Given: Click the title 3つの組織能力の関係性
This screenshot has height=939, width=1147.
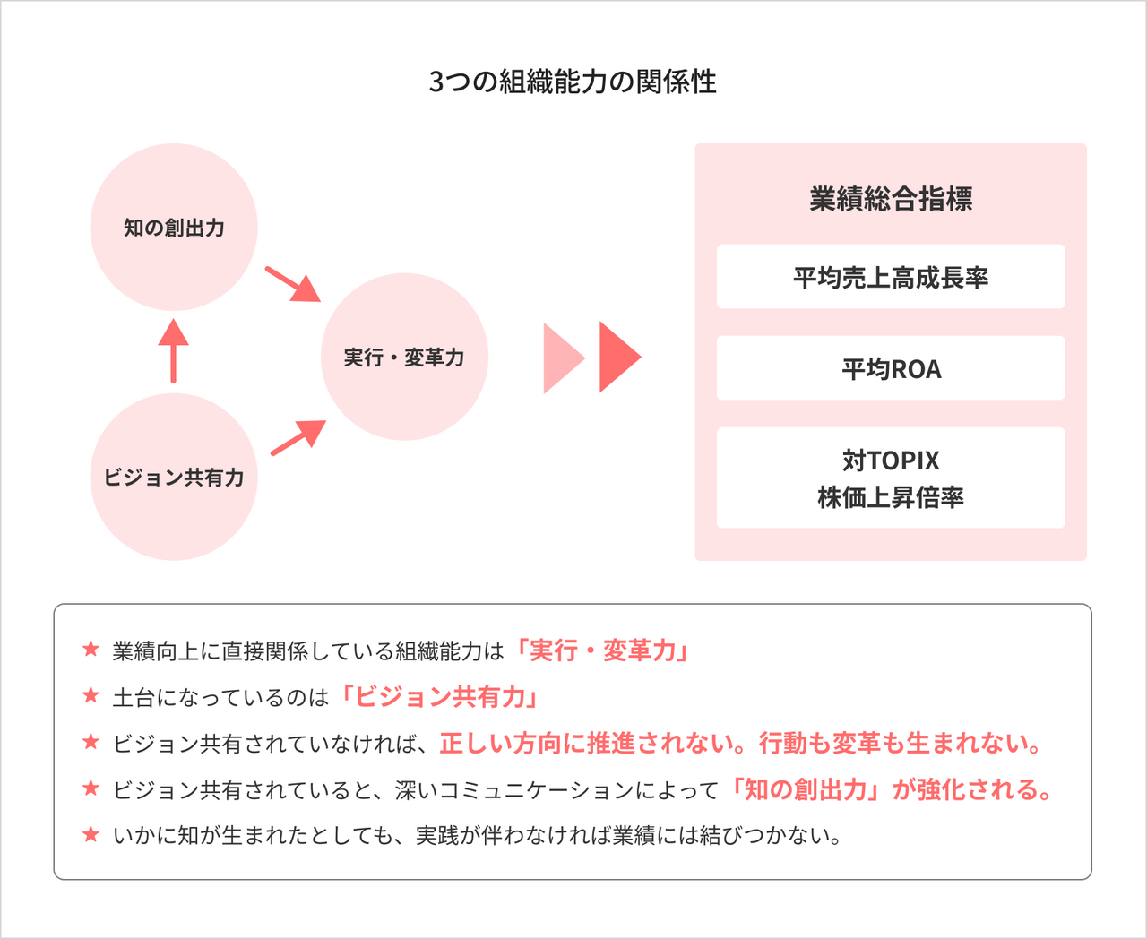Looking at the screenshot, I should pos(573,82).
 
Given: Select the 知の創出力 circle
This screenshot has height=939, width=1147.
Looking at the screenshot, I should pos(174,228).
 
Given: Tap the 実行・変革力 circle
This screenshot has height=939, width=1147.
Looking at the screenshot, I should pos(404,358).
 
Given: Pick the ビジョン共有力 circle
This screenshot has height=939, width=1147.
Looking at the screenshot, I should pos(174,477).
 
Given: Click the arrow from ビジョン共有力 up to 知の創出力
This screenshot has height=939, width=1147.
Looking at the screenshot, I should pos(173,350).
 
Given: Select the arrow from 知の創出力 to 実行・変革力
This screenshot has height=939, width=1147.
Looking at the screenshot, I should pos(293,284).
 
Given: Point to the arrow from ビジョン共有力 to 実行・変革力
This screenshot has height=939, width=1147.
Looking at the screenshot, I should pos(298,437).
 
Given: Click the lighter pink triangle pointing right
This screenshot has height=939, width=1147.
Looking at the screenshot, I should pos(561,358).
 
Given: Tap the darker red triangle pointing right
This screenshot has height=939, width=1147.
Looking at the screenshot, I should pos(617,357).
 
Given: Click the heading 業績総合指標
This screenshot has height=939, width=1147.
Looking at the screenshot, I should pos(891,199).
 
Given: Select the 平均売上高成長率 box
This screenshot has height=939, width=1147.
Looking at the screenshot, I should pos(891,277).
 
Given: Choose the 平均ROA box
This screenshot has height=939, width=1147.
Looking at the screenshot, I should pos(891,368).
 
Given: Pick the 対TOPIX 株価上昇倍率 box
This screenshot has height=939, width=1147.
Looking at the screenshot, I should pos(891,478).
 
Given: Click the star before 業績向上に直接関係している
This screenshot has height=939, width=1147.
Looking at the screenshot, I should pos(91,650).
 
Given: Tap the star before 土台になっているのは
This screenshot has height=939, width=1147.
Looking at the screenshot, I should pos(91,696).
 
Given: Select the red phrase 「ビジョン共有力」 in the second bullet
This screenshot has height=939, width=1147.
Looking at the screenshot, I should pos(439,697).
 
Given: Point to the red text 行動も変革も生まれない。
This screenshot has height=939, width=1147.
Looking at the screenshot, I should pos(901,744).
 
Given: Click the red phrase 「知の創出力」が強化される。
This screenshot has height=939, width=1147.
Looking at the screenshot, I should pos(891,790).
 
